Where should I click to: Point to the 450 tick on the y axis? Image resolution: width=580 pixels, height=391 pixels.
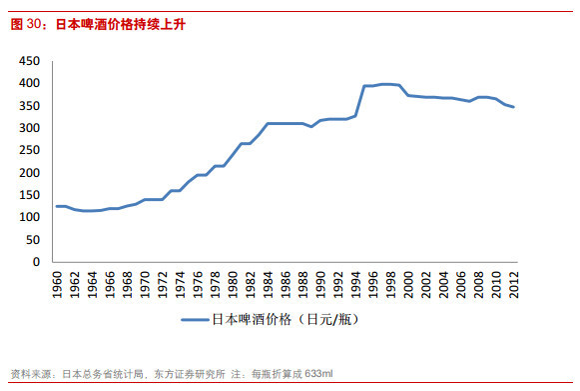pos(29,61)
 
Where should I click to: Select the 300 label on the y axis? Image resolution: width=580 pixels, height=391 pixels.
pos(29,128)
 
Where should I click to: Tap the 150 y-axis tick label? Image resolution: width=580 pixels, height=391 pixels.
pos(29,195)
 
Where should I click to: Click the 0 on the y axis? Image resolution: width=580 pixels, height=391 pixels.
pos(35,262)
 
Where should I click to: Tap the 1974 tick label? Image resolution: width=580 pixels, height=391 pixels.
pos(181,282)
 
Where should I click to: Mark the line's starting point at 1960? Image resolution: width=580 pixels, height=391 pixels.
pos(57,206)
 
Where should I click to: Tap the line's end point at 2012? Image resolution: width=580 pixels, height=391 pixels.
pos(513,107)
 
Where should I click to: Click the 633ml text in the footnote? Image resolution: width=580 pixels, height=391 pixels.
pos(316,373)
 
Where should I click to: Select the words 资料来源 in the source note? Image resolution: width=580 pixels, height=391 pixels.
pos(28,373)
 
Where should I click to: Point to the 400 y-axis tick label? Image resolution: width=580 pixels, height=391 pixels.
pos(29,84)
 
